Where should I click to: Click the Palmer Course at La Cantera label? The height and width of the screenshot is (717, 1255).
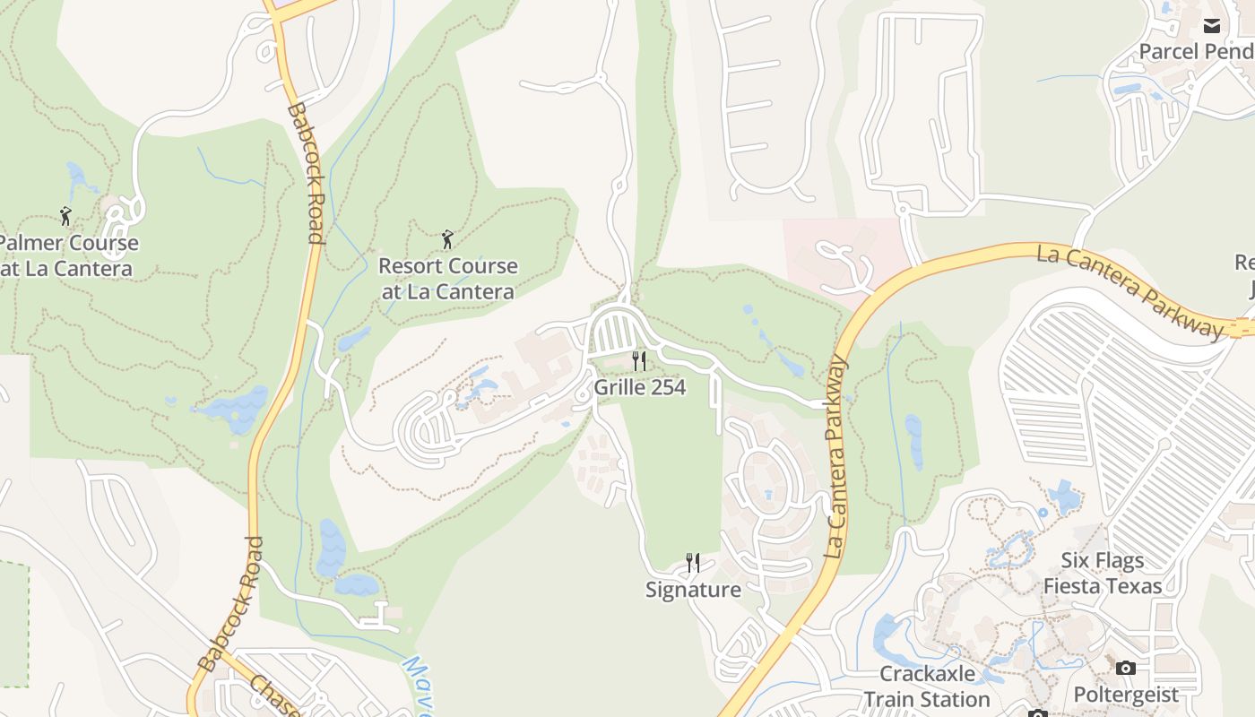pyautogui.click(x=68, y=255)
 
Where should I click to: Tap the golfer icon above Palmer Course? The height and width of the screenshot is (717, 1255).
pyautogui.click(x=65, y=216)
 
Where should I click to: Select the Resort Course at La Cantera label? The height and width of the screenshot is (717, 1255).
pyautogui.click(x=447, y=279)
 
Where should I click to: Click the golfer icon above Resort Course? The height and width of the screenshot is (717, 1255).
pyautogui.click(x=447, y=239)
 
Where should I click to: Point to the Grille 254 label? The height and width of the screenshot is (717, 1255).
pyautogui.click(x=639, y=387)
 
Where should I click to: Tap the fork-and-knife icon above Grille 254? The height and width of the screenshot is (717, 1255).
pyautogui.click(x=639, y=361)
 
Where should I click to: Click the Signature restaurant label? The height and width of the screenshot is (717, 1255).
pyautogui.click(x=693, y=590)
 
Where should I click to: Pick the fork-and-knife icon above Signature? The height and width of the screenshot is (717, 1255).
pyautogui.click(x=693, y=563)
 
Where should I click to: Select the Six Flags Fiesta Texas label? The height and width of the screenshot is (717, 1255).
pyautogui.click(x=1103, y=574)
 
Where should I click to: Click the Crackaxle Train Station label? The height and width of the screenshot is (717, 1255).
pyautogui.click(x=926, y=687)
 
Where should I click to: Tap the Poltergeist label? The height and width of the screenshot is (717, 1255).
pyautogui.click(x=1126, y=695)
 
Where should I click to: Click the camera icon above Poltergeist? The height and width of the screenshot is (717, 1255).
pyautogui.click(x=1126, y=669)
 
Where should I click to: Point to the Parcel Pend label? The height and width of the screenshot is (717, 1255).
pyautogui.click(x=1196, y=51)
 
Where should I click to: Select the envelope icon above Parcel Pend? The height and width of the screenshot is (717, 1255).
pyautogui.click(x=1212, y=25)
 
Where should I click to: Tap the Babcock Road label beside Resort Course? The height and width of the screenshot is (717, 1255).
pyautogui.click(x=307, y=174)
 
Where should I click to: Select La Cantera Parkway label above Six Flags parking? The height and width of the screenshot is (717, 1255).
pyautogui.click(x=1129, y=291)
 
